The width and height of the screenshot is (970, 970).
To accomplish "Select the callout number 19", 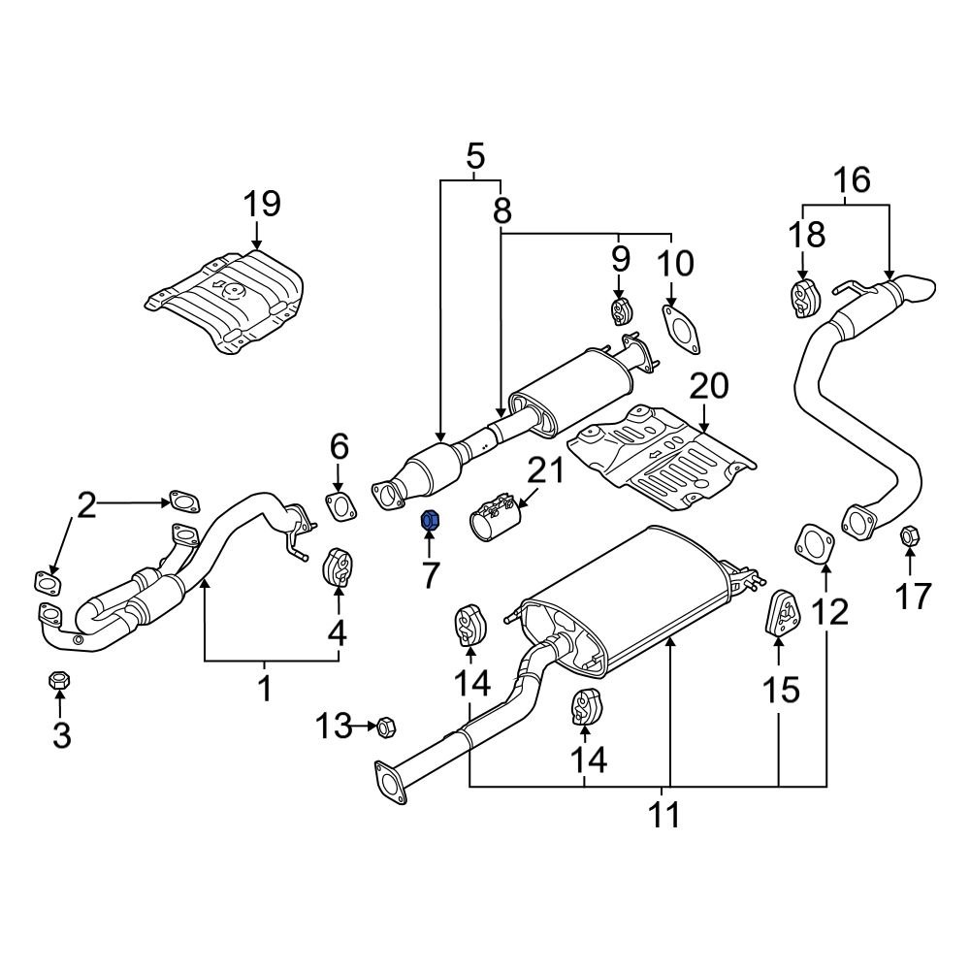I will [x=261, y=204].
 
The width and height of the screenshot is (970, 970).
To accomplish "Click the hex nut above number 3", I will [x=57, y=682].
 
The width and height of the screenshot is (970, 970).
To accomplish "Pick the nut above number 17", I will [x=910, y=534].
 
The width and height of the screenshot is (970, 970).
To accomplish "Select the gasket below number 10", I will [x=681, y=327].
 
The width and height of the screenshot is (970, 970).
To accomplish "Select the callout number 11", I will [x=664, y=816].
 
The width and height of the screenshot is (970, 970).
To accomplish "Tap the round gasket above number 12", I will [x=814, y=542].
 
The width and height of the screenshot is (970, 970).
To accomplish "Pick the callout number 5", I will [x=473, y=155].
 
